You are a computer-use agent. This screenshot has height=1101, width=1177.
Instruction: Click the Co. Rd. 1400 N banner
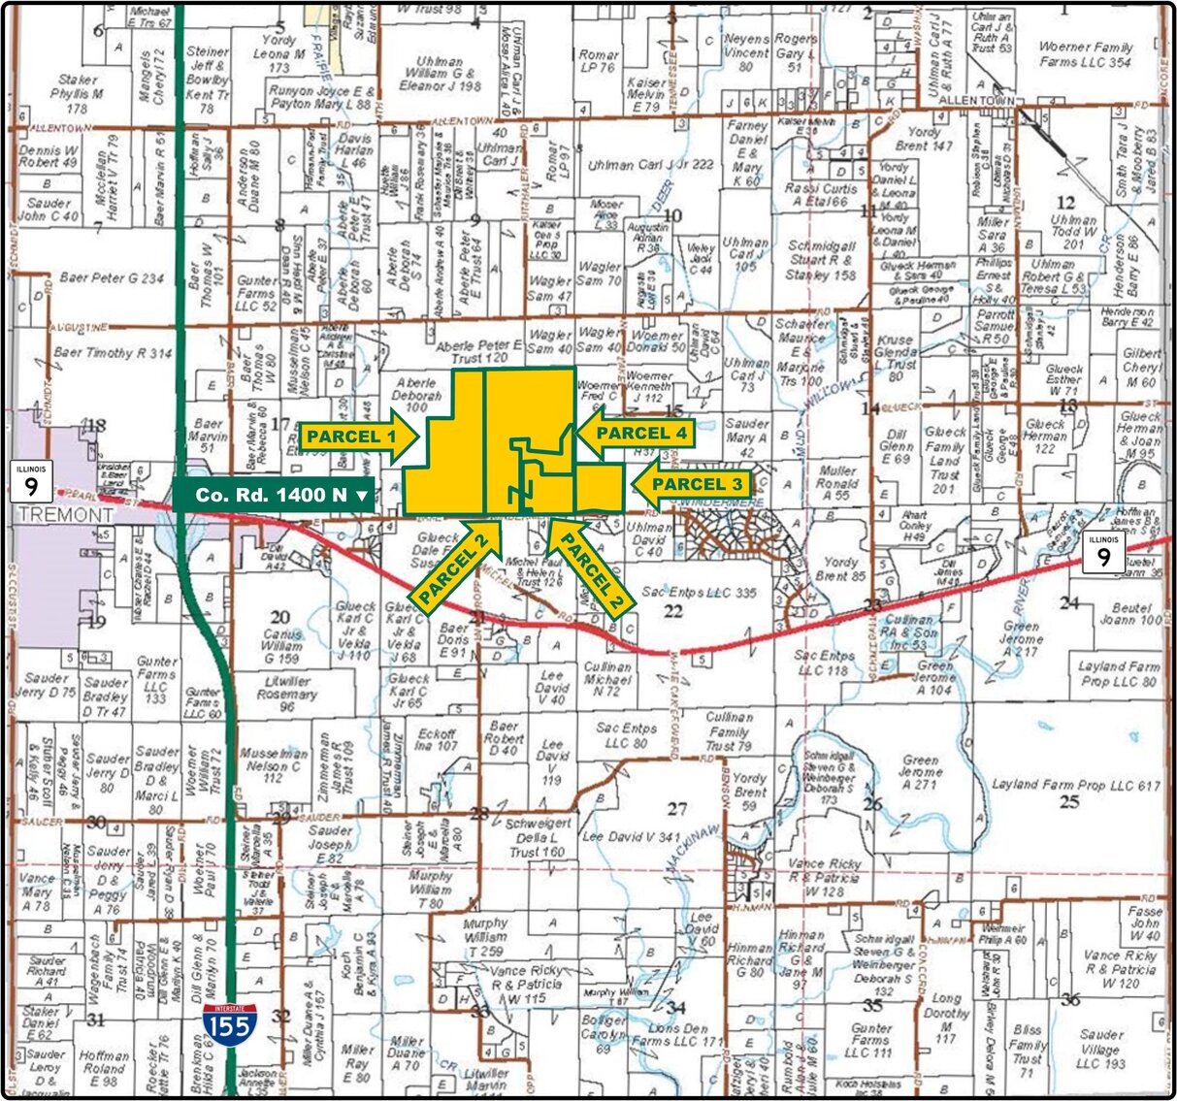[x=274, y=495]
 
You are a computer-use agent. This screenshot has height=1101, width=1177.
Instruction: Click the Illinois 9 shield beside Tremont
[x=31, y=482]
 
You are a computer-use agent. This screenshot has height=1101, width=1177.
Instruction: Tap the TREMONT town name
[x=66, y=515]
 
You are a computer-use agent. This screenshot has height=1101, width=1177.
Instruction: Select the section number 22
[x=672, y=610]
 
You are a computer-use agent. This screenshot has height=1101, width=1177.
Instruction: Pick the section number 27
[x=676, y=808]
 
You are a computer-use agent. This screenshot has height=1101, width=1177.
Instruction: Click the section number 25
[x=1069, y=801]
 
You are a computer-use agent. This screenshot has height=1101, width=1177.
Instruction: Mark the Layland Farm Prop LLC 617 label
[x=1075, y=784]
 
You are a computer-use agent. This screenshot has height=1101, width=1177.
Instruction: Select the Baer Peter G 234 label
[x=112, y=277]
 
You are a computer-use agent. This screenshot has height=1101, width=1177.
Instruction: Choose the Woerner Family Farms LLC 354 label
[x=1085, y=54]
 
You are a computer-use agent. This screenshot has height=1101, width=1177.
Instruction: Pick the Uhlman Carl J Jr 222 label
[x=650, y=166]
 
